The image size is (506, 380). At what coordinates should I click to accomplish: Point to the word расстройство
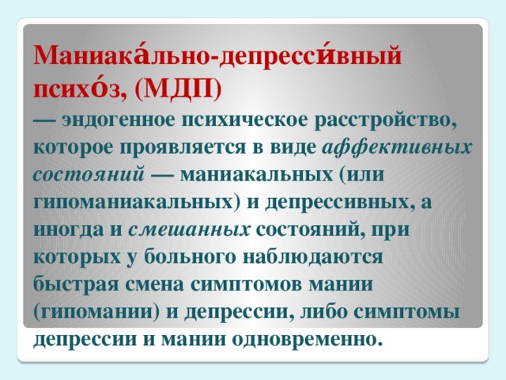(x=386, y=119)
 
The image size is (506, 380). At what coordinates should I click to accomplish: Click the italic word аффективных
(x=399, y=146)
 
